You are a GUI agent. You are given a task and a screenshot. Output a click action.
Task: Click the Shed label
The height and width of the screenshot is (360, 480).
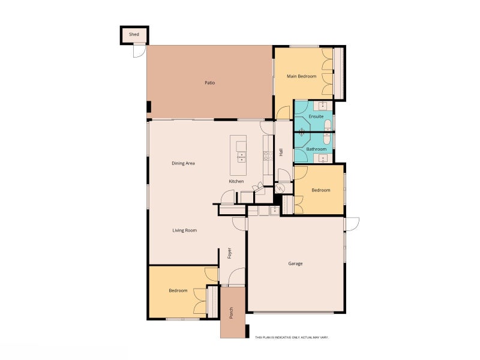click(134, 34)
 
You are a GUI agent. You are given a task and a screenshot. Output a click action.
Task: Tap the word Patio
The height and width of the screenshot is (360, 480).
click(209, 83)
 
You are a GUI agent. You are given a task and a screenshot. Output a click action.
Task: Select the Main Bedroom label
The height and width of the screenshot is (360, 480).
click(302, 76)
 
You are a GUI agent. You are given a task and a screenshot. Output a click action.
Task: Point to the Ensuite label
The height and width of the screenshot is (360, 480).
click(316, 116)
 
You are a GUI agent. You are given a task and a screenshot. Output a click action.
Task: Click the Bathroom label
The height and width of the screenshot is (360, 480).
click(316, 149)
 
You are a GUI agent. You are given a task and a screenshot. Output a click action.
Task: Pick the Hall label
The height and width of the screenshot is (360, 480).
click(281, 152)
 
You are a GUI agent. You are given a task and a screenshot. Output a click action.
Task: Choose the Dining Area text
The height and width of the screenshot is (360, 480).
click(183, 163)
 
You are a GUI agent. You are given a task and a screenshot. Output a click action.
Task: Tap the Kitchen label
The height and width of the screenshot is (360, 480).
click(236, 181)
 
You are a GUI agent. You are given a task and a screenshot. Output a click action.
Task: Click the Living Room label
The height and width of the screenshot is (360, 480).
click(185, 230)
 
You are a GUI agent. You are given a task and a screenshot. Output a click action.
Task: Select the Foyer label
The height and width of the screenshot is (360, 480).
click(230, 253)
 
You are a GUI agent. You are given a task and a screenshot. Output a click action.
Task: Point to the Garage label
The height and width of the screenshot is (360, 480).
click(295, 263)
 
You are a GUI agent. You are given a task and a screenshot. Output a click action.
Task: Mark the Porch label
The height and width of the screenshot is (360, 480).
click(231, 313)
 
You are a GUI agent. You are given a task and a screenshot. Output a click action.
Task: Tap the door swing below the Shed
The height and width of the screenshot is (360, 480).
click(139, 51)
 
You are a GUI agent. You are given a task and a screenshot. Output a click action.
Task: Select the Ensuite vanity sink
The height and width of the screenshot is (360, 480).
click(323, 106)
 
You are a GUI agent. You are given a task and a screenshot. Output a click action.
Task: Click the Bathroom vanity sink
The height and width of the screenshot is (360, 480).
click(323, 158)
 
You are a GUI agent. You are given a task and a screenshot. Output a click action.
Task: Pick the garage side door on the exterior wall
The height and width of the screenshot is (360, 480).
click(352, 224)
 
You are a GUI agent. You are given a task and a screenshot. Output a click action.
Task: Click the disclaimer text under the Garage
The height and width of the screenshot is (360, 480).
click(292, 337)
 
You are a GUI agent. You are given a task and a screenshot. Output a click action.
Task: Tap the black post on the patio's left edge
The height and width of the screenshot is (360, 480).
click(149, 107)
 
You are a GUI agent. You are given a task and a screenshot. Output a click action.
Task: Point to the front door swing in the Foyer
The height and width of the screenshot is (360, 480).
click(236, 277)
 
